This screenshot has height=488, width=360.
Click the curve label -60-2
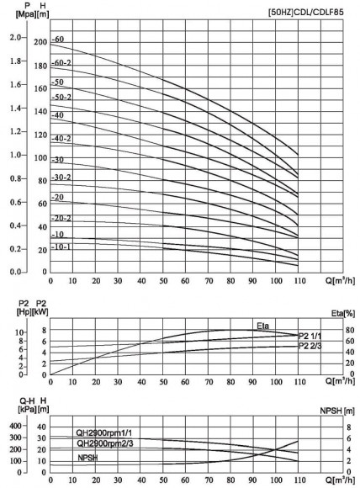click(62, 63)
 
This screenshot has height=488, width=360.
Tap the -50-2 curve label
click(62, 98)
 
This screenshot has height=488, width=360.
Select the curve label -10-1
click(62, 247)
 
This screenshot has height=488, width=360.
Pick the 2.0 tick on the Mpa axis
click(16, 39)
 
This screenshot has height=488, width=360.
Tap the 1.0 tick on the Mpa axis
click(16, 156)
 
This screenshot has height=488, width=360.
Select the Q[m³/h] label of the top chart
click(340, 281)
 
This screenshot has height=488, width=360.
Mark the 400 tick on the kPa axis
click(14, 427)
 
